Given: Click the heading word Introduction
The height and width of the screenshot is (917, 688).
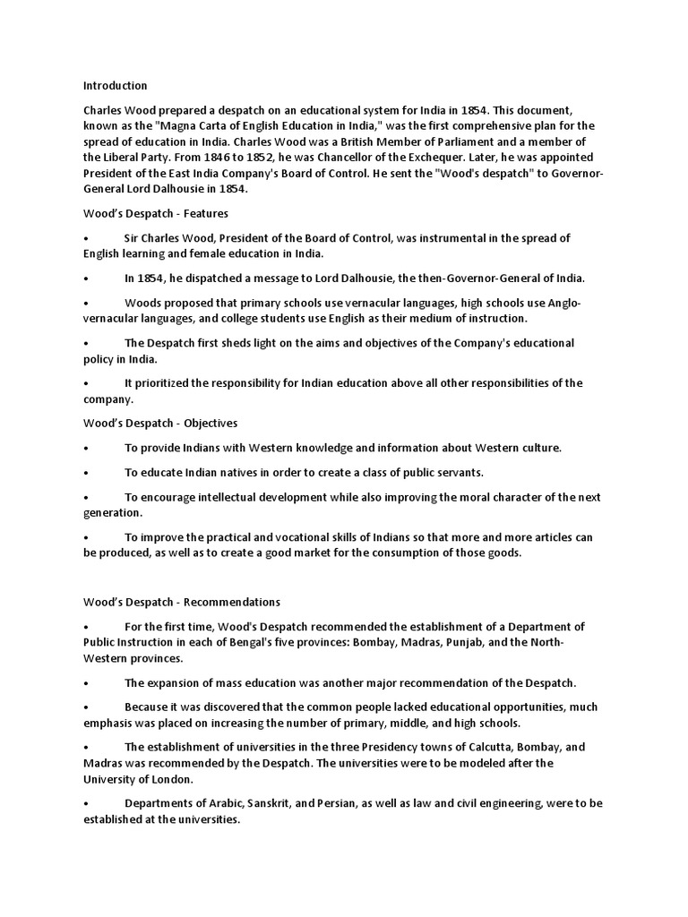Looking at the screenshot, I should [x=116, y=86].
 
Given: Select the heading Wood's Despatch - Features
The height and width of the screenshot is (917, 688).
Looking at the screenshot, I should [x=156, y=214].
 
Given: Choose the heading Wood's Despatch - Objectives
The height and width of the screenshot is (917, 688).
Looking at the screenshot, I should [x=160, y=423].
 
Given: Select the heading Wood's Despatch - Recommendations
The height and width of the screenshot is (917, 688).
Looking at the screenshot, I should [x=182, y=602].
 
